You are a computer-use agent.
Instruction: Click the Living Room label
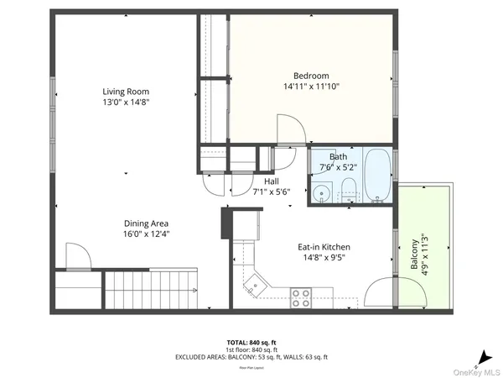(x=126, y=92)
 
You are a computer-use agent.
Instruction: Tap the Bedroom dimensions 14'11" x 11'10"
(x=311, y=86)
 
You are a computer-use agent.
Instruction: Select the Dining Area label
(x=147, y=223)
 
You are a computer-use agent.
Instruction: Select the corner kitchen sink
(x=254, y=286)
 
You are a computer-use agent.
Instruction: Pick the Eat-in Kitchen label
(x=324, y=247)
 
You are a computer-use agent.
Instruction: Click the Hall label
(x=271, y=181)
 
